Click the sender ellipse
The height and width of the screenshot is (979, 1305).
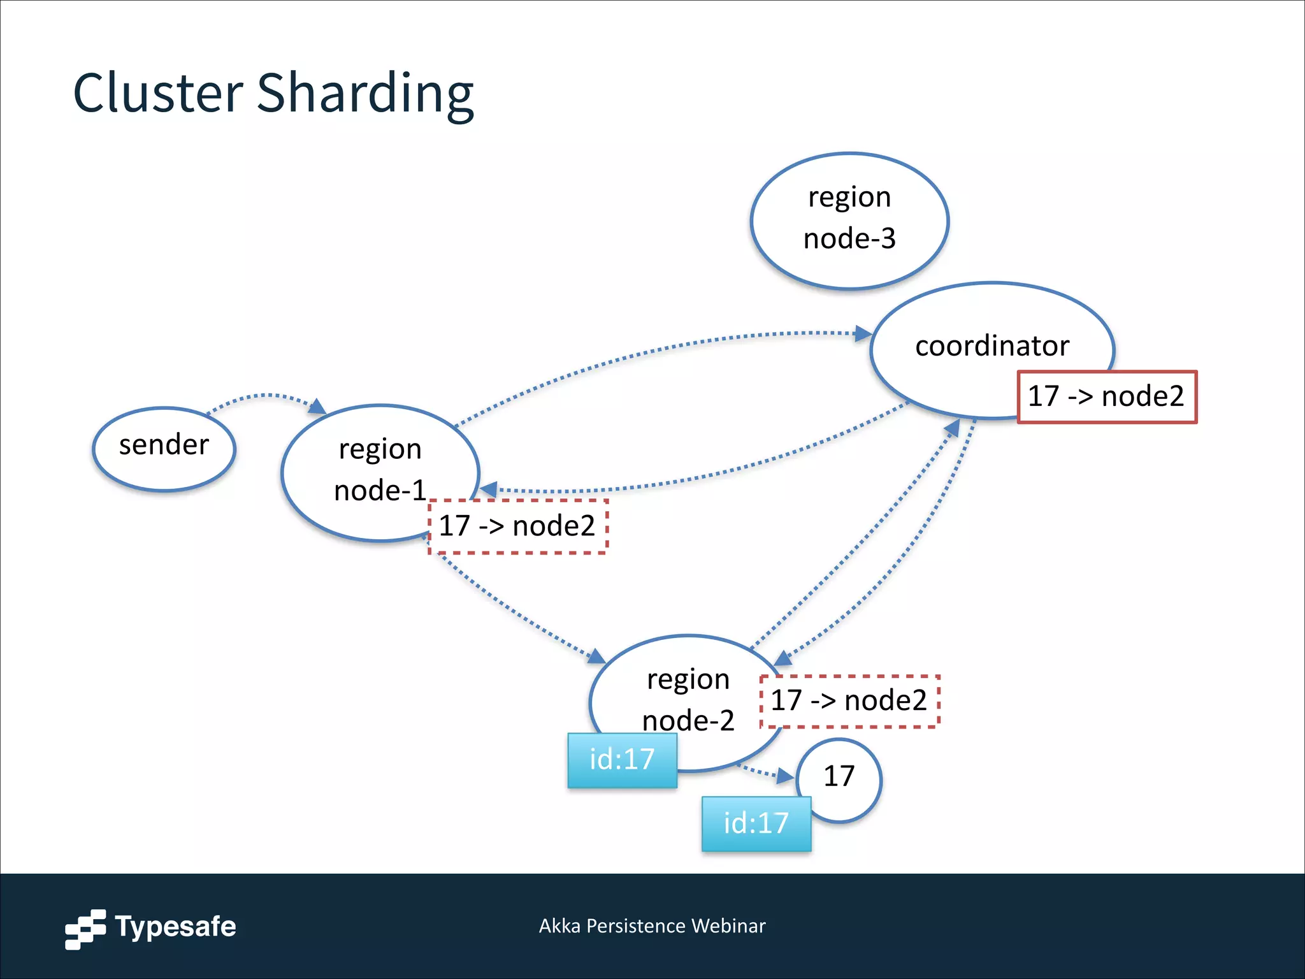click(164, 449)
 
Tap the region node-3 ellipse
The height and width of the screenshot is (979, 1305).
click(849, 220)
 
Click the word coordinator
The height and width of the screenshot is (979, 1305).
click(991, 346)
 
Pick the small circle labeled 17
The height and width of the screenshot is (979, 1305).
click(839, 776)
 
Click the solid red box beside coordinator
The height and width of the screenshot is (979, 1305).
click(1106, 396)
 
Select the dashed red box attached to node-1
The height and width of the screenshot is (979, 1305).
click(517, 526)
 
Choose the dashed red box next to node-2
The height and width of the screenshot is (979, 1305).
click(849, 701)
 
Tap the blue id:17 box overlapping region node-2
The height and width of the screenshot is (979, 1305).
click(622, 760)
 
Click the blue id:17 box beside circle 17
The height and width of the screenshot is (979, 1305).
click(756, 823)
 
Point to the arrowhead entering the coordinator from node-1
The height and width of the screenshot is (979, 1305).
click(863, 333)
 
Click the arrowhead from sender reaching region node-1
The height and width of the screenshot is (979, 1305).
click(317, 406)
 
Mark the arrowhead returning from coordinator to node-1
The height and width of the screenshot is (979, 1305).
click(489, 489)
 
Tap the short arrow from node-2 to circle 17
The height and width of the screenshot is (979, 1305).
click(768, 772)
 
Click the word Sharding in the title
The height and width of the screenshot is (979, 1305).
click(365, 94)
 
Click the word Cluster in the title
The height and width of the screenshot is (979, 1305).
click(158, 93)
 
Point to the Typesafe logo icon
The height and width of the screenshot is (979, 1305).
click(85, 929)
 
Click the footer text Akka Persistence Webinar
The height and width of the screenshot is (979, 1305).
click(652, 925)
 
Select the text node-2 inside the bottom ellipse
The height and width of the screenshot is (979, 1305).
click(688, 721)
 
